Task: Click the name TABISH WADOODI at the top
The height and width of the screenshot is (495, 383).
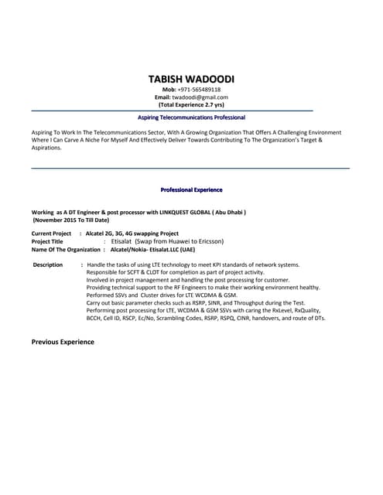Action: [191, 79]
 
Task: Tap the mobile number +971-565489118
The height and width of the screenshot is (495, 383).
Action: [199, 90]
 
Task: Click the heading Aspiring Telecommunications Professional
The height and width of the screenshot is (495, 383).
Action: [191, 118]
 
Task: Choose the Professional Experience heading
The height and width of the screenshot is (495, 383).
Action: [191, 189]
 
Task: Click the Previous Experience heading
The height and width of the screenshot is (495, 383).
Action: [63, 341]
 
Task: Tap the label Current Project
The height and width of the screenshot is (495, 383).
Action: [51, 234]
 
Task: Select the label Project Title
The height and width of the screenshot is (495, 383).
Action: [47, 241]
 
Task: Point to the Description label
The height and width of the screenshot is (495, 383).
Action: [48, 265]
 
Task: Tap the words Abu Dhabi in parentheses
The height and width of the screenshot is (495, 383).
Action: [228, 212]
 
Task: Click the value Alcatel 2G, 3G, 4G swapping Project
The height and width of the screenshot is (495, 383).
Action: [132, 234]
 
